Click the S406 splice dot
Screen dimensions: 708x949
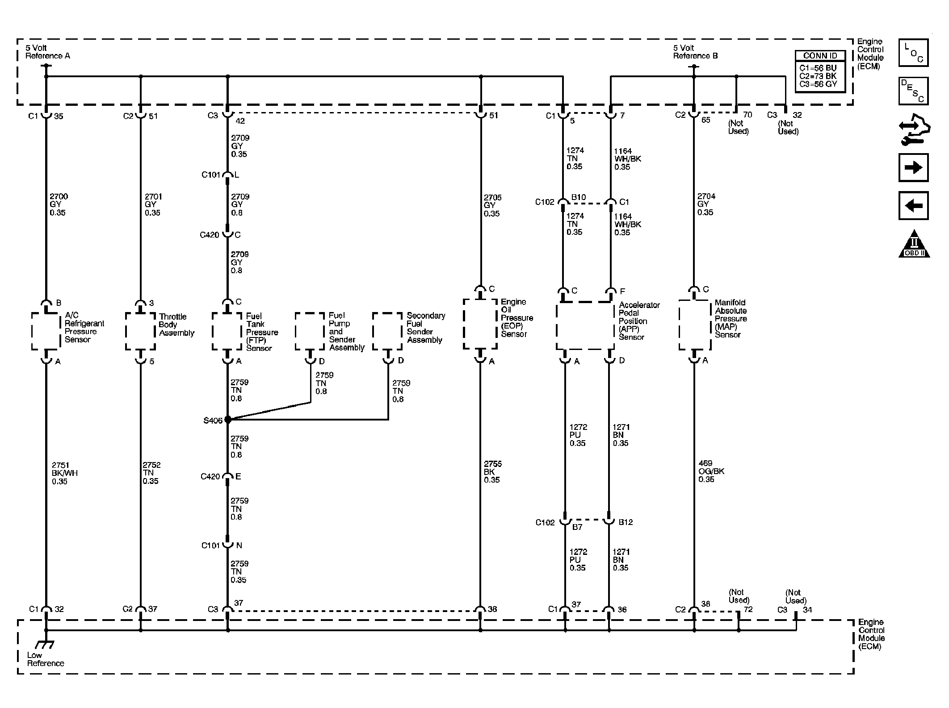point(228,420)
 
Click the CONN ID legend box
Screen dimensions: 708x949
point(820,71)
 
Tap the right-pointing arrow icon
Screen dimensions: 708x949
point(913,167)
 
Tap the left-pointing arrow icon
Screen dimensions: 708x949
point(913,206)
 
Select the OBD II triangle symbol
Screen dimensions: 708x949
point(914,244)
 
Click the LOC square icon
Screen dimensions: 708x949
point(913,53)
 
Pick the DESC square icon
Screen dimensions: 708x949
point(913,91)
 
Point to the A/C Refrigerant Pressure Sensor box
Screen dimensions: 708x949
point(46,331)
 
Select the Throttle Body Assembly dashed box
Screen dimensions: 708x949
point(140,331)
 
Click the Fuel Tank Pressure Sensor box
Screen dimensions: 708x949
point(227,331)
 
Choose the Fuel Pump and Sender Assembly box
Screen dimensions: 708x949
point(310,331)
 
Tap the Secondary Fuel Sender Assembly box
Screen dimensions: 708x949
point(387,331)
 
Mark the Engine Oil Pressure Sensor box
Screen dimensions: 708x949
point(480,324)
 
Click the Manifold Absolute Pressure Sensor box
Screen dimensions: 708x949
point(694,325)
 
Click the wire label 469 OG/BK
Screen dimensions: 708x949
point(711,471)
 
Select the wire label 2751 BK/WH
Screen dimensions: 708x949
point(64,473)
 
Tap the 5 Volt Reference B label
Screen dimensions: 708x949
point(695,52)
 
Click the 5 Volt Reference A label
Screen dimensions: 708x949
point(47,52)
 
